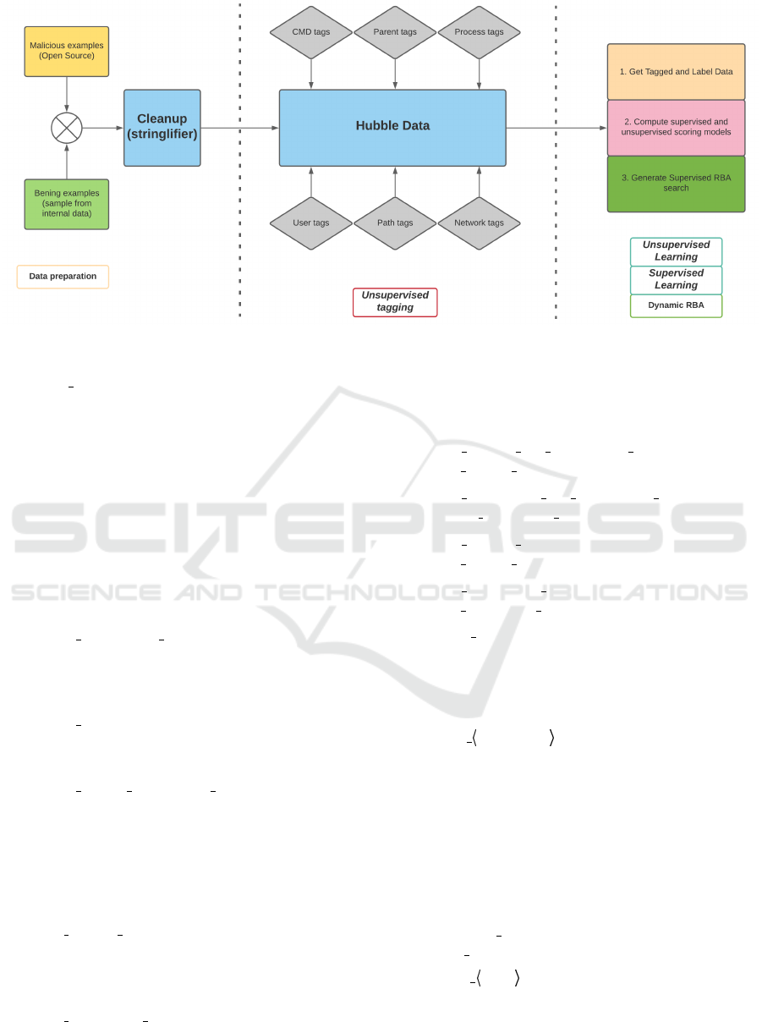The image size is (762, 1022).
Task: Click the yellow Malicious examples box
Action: click(x=67, y=52)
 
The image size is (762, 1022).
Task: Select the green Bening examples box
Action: click(x=67, y=204)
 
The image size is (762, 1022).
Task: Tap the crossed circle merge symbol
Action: click(x=67, y=128)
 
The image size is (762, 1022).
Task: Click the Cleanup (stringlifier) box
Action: click(x=162, y=128)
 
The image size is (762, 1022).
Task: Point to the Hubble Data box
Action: click(x=392, y=128)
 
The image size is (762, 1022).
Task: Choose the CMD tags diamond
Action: click(x=311, y=32)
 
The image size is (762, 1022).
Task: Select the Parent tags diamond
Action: click(x=395, y=32)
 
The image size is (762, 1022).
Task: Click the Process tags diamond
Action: click(x=479, y=32)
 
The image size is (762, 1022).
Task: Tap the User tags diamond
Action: click(x=311, y=223)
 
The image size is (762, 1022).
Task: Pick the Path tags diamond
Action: click(x=395, y=223)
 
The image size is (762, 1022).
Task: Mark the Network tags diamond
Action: click(x=479, y=223)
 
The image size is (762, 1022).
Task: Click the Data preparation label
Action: click(x=63, y=277)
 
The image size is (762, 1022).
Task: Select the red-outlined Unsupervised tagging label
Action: click(x=395, y=302)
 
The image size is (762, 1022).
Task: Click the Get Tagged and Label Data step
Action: click(x=676, y=72)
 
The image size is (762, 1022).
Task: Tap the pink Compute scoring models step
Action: click(x=676, y=128)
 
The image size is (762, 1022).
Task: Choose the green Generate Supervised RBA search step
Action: click(x=676, y=184)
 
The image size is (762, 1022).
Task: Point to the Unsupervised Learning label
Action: click(x=676, y=251)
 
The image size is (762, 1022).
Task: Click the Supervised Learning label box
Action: click(x=676, y=280)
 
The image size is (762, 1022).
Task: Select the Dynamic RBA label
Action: click(x=676, y=305)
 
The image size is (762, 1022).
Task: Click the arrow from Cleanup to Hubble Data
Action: click(x=239, y=128)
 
